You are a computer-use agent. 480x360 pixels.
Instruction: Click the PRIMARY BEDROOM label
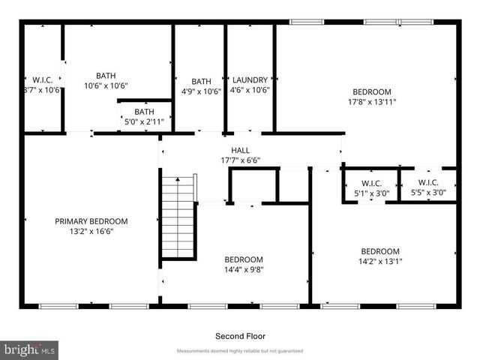pyautogui.click(x=91, y=221)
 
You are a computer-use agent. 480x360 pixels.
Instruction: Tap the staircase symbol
pyautogui.click(x=178, y=217)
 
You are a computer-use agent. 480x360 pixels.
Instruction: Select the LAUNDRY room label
pyautogui.click(x=250, y=81)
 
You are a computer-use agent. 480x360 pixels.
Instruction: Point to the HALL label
pyautogui.click(x=240, y=150)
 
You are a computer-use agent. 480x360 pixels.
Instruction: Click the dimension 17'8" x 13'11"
pyautogui.click(x=371, y=101)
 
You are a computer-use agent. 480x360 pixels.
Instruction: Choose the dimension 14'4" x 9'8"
pyautogui.click(x=244, y=269)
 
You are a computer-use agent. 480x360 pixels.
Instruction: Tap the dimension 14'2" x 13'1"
pyautogui.click(x=379, y=262)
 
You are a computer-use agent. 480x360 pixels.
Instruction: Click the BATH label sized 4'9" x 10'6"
pyautogui.click(x=201, y=82)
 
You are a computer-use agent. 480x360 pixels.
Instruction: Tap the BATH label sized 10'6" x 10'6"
pyautogui.click(x=106, y=76)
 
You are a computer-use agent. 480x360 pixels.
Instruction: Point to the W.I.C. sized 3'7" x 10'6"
pyautogui.click(x=40, y=79)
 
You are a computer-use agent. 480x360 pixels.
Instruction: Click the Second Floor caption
pyautogui.click(x=240, y=336)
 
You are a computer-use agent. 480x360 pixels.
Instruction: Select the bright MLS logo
pyautogui.click(x=30, y=349)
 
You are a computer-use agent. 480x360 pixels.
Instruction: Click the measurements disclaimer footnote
pyautogui.click(x=239, y=351)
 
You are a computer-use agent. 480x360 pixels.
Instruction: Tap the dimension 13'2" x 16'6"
pyautogui.click(x=91, y=232)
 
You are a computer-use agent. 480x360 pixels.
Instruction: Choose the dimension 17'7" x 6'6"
pyautogui.click(x=240, y=160)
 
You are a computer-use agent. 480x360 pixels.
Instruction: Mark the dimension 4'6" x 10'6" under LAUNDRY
pyautogui.click(x=250, y=91)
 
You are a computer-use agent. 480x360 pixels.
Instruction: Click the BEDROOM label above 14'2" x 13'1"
pyautogui.click(x=379, y=251)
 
